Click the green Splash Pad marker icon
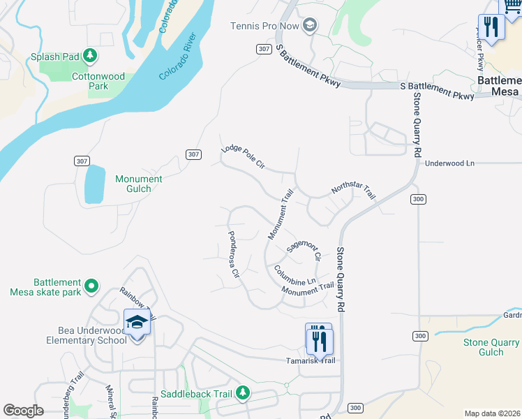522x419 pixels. [x=89, y=55]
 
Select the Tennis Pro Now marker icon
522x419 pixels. [x=310, y=27]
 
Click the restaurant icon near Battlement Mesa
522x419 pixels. [x=493, y=27]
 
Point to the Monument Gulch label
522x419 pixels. [x=138, y=184]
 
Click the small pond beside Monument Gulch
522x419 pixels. [x=94, y=185]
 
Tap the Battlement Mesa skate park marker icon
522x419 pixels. [x=91, y=285]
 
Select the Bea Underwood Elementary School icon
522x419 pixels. [x=136, y=323]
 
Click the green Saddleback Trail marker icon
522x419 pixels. [x=242, y=394]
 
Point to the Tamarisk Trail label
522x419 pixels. [x=311, y=360]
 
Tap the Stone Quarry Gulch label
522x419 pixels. [x=491, y=347]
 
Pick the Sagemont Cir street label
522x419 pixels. [x=304, y=251]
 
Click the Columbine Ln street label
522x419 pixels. [x=295, y=276]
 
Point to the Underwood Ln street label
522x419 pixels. [x=449, y=163]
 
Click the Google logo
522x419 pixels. [x=23, y=411]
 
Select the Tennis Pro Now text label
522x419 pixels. [x=265, y=27]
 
